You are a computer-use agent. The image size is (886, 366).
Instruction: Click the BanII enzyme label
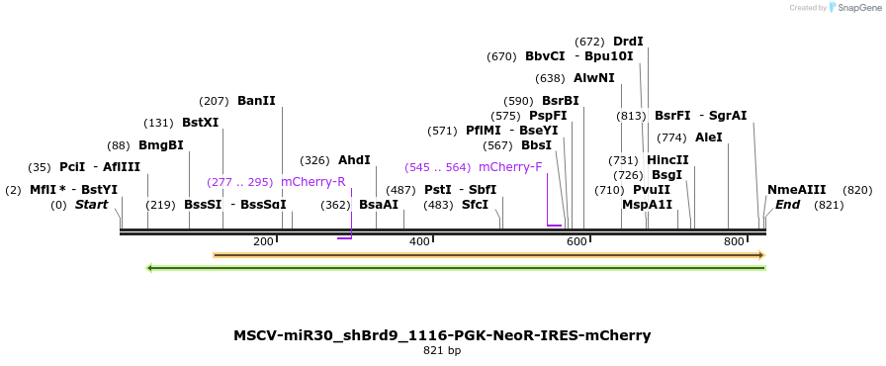pos(256,101)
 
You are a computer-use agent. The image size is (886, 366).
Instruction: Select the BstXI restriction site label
pos(200,123)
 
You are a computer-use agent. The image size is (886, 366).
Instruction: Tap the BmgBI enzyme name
pos(160,145)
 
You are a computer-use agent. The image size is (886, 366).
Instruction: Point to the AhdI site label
pos(354,160)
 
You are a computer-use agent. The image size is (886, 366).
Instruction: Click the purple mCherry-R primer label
pos(313,182)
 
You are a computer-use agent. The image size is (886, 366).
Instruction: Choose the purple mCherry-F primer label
pos(510,167)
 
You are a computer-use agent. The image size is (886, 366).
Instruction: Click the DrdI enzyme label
pos(628,42)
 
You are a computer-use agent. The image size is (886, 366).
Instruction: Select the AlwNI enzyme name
pos(593,78)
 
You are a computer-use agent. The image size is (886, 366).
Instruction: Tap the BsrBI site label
pos(560,101)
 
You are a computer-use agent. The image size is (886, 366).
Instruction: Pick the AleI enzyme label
pos(709,137)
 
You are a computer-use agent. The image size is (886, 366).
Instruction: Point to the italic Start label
pos(91,205)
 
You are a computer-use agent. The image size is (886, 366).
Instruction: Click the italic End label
pos(788,205)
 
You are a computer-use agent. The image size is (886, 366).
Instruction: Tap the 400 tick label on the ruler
pos(419,241)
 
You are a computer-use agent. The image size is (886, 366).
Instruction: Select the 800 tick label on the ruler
pos(734,241)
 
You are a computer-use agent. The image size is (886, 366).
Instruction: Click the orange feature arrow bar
pos(488,255)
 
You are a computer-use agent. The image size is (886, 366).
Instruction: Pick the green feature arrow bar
pos(455,268)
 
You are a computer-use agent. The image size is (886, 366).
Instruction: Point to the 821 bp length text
pos(442,350)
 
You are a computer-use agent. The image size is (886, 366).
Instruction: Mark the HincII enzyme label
pos(667,160)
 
